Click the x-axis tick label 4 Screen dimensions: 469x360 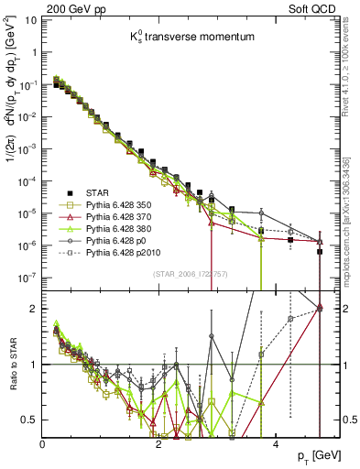pyautogui.click(x=277, y=443)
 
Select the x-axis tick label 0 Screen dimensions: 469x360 pyautogui.click(x=43, y=443)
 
